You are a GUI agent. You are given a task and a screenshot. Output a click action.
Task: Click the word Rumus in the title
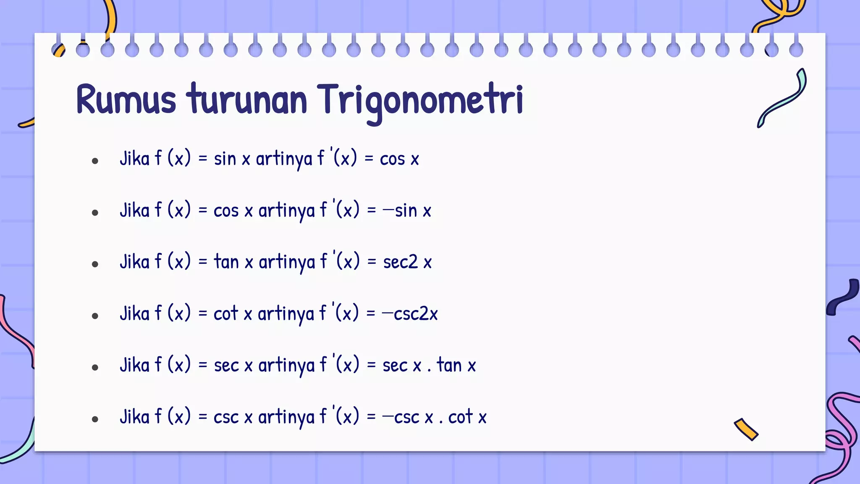point(126,100)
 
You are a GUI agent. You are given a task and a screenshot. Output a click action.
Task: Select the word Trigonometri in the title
point(420,101)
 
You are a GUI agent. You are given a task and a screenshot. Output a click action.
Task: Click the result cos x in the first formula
point(399,159)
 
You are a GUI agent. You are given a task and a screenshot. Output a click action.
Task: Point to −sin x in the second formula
point(407,210)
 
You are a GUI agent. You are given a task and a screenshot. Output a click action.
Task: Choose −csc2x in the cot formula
point(410,314)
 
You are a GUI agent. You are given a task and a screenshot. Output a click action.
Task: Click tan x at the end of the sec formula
point(456,365)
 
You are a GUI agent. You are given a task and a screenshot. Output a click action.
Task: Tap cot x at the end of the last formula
point(467,417)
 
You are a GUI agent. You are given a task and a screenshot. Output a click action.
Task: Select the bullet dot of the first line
point(95,161)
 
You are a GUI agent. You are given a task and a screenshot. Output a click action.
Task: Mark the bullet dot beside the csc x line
point(95,419)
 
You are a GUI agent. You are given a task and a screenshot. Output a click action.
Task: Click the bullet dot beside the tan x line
point(95,264)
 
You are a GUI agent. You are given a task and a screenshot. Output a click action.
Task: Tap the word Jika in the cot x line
point(134,314)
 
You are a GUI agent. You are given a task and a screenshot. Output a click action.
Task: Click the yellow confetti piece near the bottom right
point(746,429)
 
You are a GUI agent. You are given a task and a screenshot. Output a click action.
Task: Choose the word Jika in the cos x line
point(134,210)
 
